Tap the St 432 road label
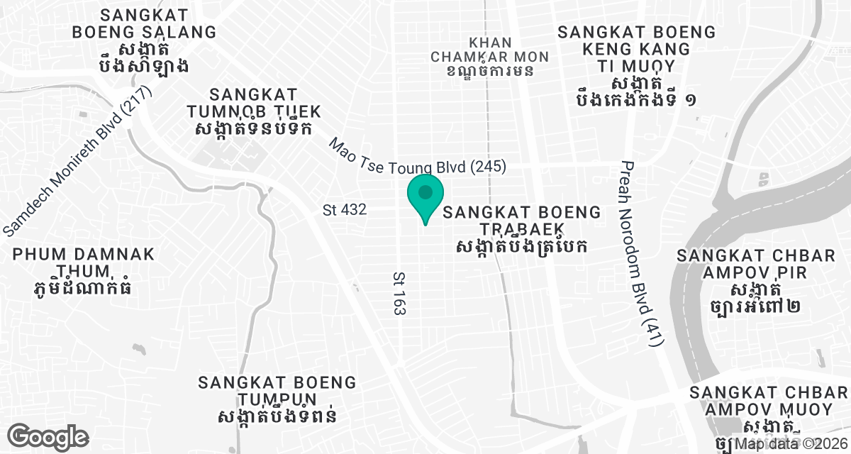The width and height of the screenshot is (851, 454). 344,210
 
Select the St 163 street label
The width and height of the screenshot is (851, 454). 399,292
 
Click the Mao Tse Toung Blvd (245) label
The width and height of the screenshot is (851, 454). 417,157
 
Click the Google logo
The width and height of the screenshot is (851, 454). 48,436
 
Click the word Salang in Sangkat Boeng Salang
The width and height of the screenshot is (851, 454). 179,32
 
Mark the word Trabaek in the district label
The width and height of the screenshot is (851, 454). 522,228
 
